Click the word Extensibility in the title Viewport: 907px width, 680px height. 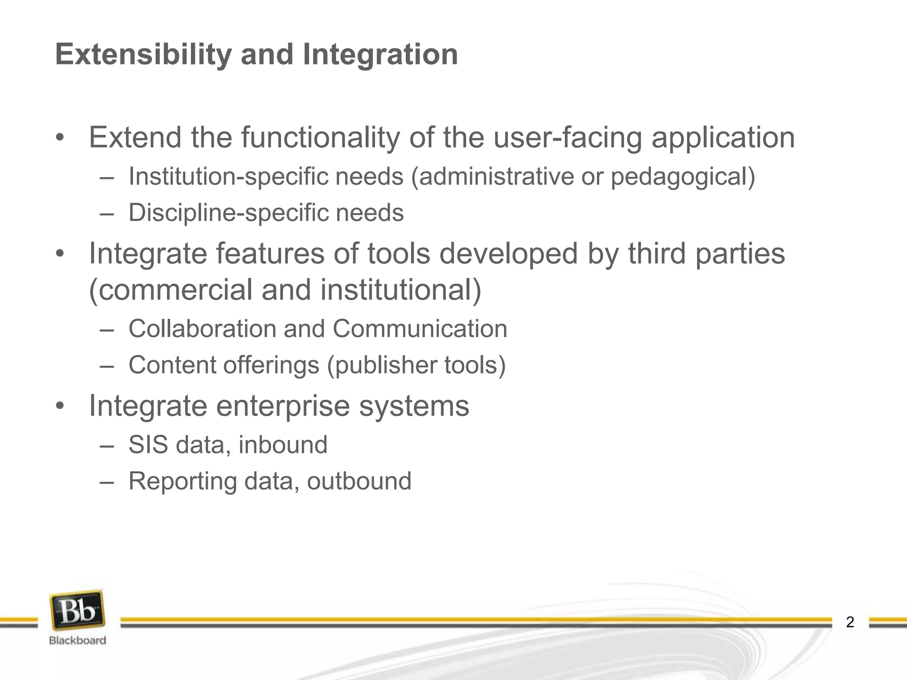[x=143, y=54]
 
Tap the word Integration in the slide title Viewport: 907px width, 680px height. [x=380, y=54]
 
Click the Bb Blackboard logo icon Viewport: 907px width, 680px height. [x=78, y=610]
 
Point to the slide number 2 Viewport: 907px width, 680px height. [x=850, y=622]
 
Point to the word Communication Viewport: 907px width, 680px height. [x=420, y=329]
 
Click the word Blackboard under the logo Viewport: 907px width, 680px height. [x=78, y=640]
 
